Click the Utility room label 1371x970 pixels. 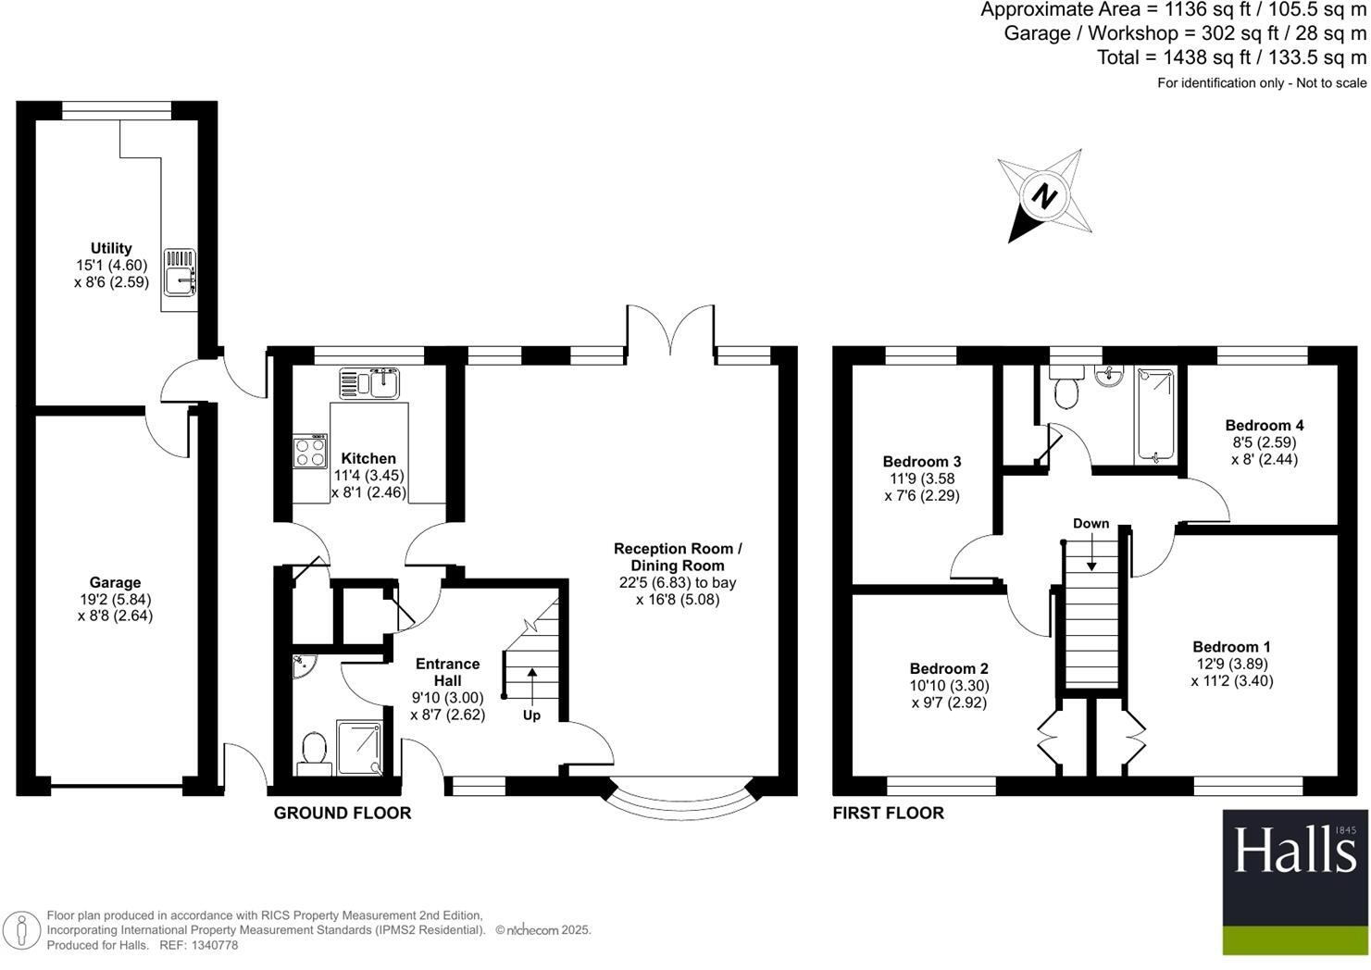(x=111, y=248)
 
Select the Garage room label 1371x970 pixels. (x=115, y=582)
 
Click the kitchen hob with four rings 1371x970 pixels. (x=311, y=452)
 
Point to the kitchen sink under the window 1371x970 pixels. (x=370, y=382)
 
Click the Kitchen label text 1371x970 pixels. (x=368, y=458)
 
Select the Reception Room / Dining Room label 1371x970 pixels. (x=678, y=557)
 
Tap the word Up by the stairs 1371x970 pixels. (x=531, y=715)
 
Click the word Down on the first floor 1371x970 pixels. (x=1091, y=524)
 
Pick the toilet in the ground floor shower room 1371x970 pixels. (x=314, y=752)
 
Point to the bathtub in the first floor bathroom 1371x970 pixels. (x=1154, y=415)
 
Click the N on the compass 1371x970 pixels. (x=1045, y=196)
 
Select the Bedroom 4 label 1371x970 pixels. (x=1264, y=426)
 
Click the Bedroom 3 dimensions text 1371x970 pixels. (x=921, y=487)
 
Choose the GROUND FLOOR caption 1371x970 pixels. (x=343, y=814)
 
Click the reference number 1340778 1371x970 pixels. (x=212, y=945)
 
